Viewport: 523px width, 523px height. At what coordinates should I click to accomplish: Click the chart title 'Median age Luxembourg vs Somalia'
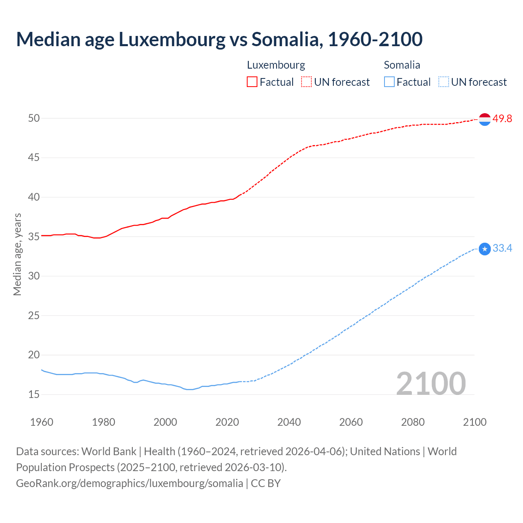point(219,39)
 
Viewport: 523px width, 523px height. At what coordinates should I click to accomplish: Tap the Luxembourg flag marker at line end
point(485,119)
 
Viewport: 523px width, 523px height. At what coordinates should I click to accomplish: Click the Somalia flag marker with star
point(485,249)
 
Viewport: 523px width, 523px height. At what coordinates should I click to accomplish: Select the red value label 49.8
point(502,119)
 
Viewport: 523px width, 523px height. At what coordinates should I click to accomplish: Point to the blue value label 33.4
point(502,248)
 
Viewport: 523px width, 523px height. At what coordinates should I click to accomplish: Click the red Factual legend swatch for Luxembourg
point(252,82)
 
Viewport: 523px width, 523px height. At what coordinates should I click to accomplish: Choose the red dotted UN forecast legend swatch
point(306,82)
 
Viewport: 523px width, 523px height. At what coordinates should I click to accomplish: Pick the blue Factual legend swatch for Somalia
point(389,82)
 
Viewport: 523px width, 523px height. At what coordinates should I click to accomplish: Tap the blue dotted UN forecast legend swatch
point(443,82)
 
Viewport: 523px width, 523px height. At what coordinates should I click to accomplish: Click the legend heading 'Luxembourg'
point(276,65)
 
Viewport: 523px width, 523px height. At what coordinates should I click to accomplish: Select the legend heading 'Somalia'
point(402,65)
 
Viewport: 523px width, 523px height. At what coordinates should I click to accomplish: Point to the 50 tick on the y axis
point(34,118)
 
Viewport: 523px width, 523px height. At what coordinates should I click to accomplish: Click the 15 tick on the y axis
point(34,395)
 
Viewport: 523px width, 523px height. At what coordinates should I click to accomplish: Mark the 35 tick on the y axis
point(34,237)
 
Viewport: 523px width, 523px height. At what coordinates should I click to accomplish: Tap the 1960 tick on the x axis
point(42,422)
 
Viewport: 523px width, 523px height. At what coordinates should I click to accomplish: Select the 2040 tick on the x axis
point(289,422)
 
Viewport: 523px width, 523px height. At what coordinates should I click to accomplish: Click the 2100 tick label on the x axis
point(474,422)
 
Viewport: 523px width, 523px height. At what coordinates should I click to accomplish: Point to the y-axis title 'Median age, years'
point(17,254)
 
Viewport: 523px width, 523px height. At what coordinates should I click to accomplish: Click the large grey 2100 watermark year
point(431,383)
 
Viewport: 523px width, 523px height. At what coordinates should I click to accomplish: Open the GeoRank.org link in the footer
point(130,483)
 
